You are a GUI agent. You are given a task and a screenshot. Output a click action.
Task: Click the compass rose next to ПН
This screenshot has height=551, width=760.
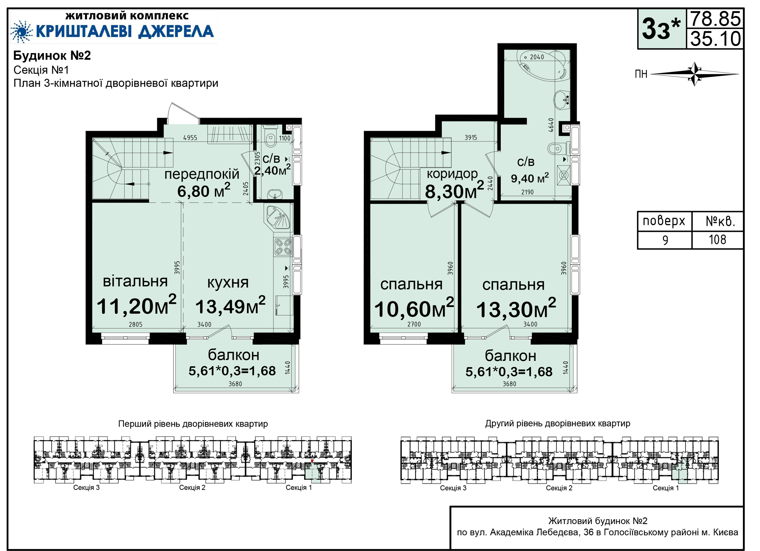[x=695, y=74]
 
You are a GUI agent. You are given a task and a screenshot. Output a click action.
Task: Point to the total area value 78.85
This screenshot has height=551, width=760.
[x=715, y=19]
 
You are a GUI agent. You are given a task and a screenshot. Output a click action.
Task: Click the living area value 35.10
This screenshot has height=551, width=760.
[x=715, y=38]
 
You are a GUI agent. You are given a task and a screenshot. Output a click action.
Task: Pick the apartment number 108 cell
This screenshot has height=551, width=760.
[x=718, y=240]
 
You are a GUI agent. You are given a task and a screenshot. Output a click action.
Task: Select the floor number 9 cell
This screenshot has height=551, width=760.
[x=665, y=240]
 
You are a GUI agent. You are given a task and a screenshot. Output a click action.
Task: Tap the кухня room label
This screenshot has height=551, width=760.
[x=228, y=282]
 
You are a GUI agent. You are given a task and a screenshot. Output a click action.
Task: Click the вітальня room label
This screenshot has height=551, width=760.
[x=135, y=281]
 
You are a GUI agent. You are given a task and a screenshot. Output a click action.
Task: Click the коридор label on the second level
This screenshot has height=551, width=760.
[x=452, y=173]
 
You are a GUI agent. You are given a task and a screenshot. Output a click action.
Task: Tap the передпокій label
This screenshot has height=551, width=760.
[x=202, y=174]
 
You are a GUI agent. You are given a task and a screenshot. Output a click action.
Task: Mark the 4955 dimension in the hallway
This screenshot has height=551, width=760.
[x=190, y=138]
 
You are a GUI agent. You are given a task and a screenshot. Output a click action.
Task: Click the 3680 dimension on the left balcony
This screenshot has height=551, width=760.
[x=235, y=384]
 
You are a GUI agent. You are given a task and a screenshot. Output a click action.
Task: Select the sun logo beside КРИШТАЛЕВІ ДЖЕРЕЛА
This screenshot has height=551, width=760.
[x=21, y=31]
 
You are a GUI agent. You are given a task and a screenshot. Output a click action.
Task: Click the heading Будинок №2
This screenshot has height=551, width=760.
[x=52, y=55]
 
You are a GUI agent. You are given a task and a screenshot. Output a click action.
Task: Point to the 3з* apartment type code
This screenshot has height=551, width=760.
[x=661, y=29]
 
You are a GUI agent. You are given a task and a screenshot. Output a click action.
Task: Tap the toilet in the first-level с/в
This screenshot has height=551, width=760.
[x=271, y=136]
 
